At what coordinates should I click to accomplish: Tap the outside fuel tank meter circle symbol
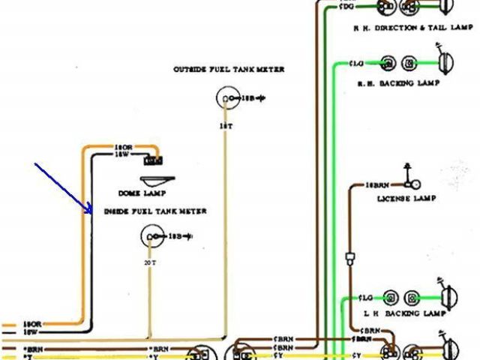tap(226, 97)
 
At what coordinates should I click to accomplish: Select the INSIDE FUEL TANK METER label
tap(155, 211)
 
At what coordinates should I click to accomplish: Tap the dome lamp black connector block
tap(155, 159)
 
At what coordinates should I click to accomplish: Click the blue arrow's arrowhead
tap(90, 212)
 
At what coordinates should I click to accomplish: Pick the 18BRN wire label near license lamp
tap(378, 183)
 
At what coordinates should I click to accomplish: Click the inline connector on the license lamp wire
tap(349, 259)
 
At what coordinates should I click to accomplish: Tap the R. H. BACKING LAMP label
tap(397, 83)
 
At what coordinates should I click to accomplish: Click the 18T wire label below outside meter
tap(225, 126)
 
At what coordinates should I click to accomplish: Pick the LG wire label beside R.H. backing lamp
tap(358, 63)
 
